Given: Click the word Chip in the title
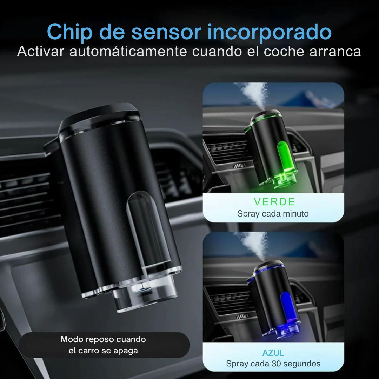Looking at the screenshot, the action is [x=69, y=32].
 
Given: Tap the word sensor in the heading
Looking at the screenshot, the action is [x=166, y=32].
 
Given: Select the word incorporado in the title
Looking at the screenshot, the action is [x=270, y=32].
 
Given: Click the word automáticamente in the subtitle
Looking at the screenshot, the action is [x=128, y=51].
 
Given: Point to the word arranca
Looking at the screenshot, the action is [x=335, y=52].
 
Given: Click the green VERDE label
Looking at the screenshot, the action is [x=274, y=202].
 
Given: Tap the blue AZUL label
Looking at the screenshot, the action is [x=273, y=353].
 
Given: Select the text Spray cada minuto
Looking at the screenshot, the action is [x=273, y=214].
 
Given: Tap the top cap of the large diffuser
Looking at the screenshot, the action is [x=99, y=117].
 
